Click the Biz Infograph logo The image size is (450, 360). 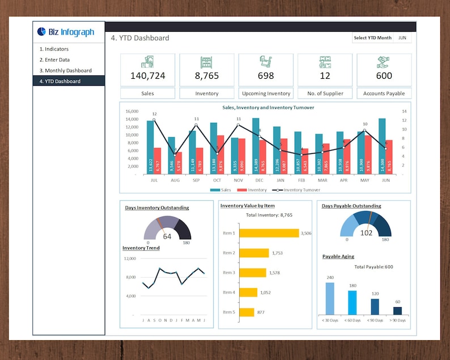66,32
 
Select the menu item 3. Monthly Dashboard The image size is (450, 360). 65,70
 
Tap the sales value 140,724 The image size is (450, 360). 147,75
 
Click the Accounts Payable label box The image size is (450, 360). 384,94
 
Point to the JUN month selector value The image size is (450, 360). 402,38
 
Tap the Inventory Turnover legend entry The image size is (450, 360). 296,190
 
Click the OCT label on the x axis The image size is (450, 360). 216,180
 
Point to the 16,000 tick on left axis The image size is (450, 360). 131,112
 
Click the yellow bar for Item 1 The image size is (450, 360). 269,233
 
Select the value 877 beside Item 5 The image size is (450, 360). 261,312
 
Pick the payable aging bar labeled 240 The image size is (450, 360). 330,298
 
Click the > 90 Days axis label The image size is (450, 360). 397,320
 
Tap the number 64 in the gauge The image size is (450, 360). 167,237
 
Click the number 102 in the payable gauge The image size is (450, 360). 366,233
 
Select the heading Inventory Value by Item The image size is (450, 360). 247,206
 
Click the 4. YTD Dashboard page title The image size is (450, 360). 139,38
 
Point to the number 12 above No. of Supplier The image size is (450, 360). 325,75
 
